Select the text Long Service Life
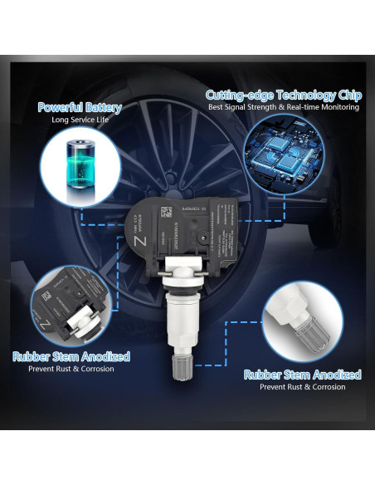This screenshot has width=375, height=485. [x=80, y=120]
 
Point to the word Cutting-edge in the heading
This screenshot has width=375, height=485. [x=241, y=95]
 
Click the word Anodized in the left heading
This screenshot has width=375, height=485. [x=104, y=356]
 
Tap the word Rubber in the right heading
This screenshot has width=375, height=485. [x=264, y=375]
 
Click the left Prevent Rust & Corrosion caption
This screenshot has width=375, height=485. [x=71, y=369]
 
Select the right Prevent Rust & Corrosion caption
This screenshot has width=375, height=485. [x=302, y=387]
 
